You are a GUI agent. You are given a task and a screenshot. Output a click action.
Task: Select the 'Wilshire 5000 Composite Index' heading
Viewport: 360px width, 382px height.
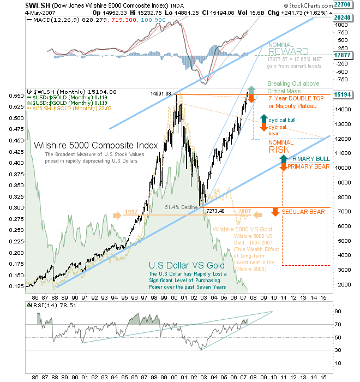95,146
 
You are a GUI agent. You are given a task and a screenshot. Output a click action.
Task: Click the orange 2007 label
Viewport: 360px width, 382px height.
244,212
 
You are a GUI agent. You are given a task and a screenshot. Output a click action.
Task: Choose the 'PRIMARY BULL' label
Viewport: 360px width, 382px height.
308,159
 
